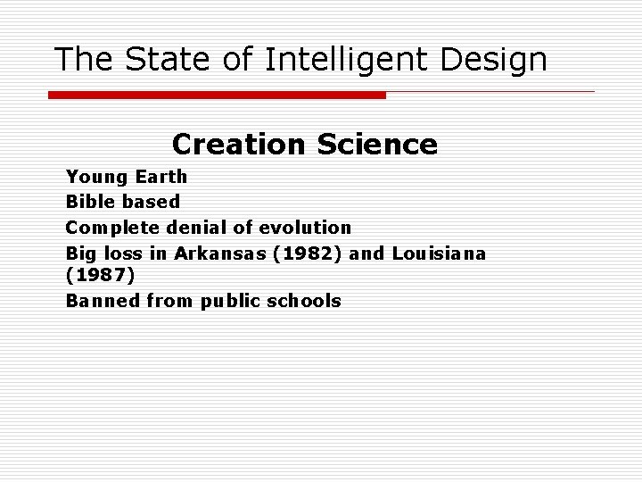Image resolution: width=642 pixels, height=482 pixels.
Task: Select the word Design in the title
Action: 498,60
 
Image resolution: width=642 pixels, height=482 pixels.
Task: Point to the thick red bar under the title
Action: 217,95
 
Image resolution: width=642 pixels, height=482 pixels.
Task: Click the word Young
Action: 96,177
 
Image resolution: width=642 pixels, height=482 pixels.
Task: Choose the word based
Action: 153,202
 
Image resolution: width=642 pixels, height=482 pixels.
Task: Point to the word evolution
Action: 300,227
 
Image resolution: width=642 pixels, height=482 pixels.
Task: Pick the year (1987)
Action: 101,276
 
